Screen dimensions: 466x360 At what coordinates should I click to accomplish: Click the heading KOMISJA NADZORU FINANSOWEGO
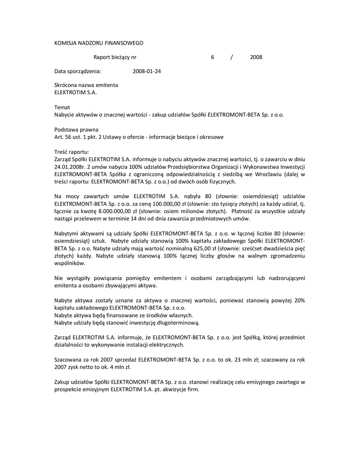click(x=99, y=43)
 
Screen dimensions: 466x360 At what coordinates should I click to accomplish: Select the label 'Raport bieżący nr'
click(x=115, y=57)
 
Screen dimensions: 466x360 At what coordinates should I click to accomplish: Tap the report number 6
click(x=212, y=57)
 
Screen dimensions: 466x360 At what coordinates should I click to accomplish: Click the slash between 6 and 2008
click(x=232, y=57)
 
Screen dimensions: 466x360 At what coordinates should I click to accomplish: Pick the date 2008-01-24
click(x=147, y=71)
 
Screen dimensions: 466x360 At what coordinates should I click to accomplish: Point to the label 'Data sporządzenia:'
click(x=77, y=71)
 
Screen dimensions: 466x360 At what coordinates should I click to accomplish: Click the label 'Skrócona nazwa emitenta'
click(x=86, y=85)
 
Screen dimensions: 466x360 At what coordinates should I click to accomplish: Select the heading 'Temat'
click(x=62, y=107)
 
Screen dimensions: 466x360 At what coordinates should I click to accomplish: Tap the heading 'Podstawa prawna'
click(x=76, y=129)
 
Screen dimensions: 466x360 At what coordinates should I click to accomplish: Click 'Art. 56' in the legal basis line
click(x=63, y=137)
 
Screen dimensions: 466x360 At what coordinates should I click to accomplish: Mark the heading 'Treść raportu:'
click(x=72, y=152)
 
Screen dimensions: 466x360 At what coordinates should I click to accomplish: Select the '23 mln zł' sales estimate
click(x=248, y=360)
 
